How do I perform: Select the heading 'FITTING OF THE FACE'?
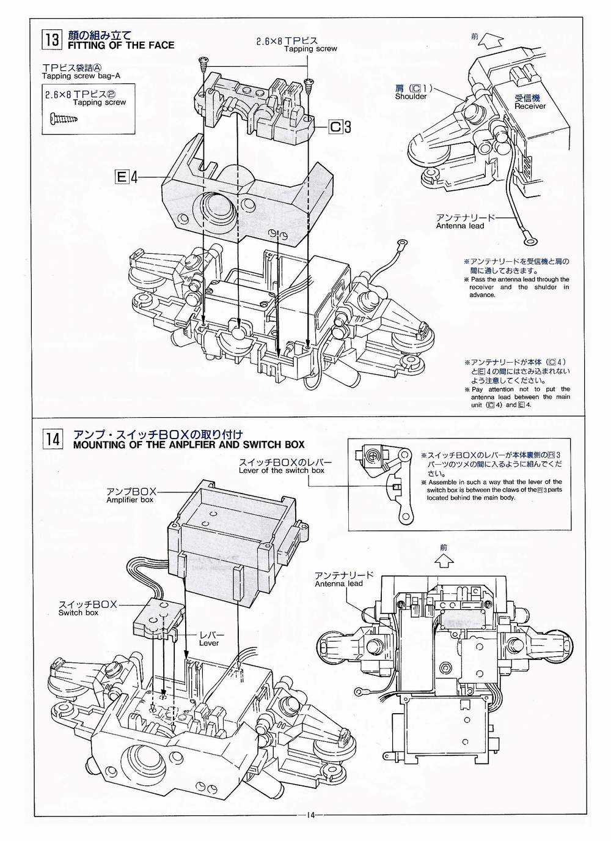click(x=120, y=45)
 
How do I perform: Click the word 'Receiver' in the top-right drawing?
click(x=530, y=106)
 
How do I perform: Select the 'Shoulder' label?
click(x=411, y=97)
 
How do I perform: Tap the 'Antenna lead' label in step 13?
click(x=459, y=226)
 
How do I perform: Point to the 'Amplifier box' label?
click(x=130, y=500)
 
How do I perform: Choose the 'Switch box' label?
click(x=78, y=612)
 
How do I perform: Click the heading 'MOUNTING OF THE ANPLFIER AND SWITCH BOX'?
click(x=188, y=445)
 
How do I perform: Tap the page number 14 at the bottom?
click(x=310, y=815)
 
